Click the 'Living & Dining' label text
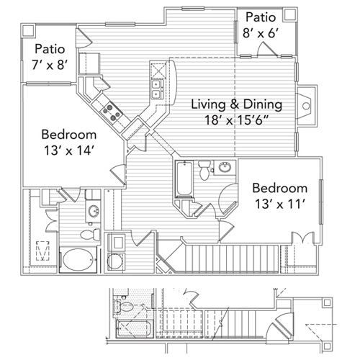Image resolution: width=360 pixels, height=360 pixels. click(x=236, y=104)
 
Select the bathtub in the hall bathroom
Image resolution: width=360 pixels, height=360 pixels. click(x=181, y=178)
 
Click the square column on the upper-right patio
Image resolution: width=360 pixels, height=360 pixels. click(x=289, y=14)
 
